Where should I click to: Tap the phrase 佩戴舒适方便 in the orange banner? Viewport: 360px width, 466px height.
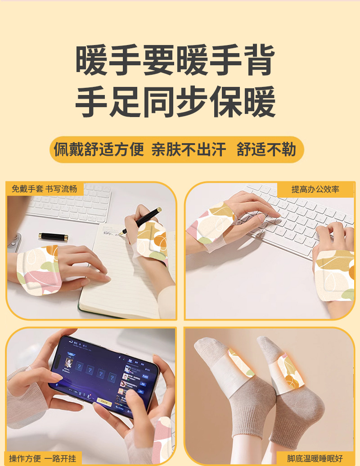[x=99, y=149]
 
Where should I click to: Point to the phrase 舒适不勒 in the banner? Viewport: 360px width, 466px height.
[x=266, y=149]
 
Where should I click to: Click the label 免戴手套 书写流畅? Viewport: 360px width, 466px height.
[x=44, y=189]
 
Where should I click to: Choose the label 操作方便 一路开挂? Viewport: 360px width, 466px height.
[x=43, y=458]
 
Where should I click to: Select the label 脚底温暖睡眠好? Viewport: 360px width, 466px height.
[x=315, y=458]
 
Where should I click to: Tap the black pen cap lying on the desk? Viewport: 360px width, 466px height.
[x=52, y=236]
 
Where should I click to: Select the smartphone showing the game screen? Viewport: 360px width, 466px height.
[x=106, y=376]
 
